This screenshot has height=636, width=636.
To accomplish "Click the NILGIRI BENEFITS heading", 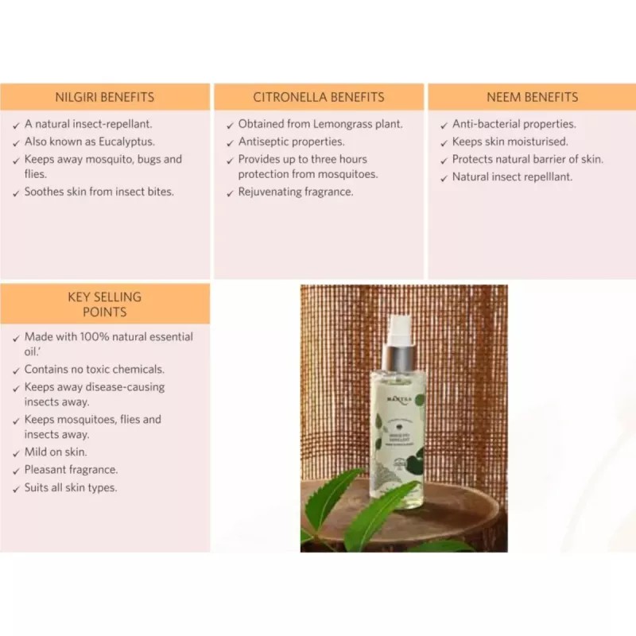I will (105, 98).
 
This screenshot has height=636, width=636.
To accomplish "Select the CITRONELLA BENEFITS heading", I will (318, 98).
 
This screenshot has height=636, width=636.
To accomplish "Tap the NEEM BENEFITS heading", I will (532, 98).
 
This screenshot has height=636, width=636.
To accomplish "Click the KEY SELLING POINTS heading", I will (105, 304).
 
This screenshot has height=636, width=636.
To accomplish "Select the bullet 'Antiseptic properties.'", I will (291, 142).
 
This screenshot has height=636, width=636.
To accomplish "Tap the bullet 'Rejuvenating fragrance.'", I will (296, 192).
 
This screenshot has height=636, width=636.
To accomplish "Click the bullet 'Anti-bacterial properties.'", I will (514, 125).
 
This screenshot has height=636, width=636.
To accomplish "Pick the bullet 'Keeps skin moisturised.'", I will (510, 142).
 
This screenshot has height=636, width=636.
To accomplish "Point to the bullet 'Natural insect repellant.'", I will (512, 177).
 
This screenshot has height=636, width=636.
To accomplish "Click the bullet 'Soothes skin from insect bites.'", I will (99, 192).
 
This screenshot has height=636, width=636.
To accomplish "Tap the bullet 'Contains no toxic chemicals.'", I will (94, 370).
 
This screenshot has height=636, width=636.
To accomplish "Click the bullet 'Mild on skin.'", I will (56, 452).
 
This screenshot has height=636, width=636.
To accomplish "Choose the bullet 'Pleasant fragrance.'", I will (71, 470).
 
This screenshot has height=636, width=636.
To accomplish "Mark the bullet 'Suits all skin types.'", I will (71, 487).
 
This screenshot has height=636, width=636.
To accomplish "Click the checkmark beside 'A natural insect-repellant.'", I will (17, 126).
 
